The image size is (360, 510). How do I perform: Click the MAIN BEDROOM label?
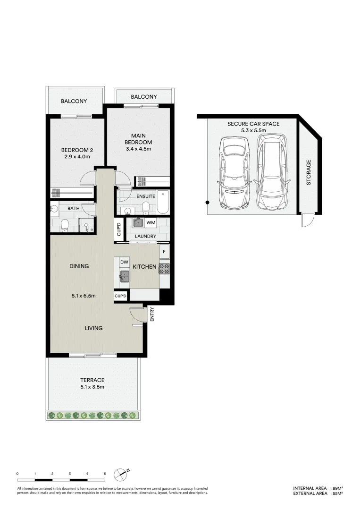[x=138, y=139]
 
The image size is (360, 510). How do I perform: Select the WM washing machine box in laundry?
[x=151, y=222]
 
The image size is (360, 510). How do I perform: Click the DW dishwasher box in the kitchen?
[x=124, y=262]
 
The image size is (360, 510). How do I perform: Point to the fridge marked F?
[x=164, y=252]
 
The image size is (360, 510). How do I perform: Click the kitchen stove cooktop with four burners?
[x=164, y=269]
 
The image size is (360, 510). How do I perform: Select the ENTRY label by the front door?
[x=152, y=314]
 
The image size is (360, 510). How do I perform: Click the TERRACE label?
[x=92, y=380]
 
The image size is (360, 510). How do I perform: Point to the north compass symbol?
[x=121, y=473]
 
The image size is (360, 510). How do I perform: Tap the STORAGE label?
[x=309, y=172]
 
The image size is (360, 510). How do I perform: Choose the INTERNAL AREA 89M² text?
[x=317, y=488]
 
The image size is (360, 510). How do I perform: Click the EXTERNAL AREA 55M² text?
[x=317, y=493]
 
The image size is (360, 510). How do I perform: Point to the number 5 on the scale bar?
[x=105, y=473]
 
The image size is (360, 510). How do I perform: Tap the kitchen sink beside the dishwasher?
[x=124, y=276]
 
